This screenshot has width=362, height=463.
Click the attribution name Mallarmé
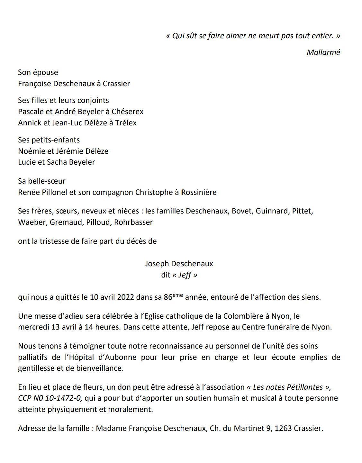tap(323, 52)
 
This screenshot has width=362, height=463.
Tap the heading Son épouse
tap(38, 73)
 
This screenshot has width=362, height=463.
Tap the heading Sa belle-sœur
tap(42, 181)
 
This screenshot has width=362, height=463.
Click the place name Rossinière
tap(199, 192)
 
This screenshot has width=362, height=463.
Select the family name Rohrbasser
tap(133, 222)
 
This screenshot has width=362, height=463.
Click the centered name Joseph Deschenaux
tap(179, 264)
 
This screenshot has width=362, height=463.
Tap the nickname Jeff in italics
tap(185, 275)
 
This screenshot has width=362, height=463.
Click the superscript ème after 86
tap(178, 295)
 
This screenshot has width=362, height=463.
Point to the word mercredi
tap(33, 327)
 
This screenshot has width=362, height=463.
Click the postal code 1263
tap(283, 428)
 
